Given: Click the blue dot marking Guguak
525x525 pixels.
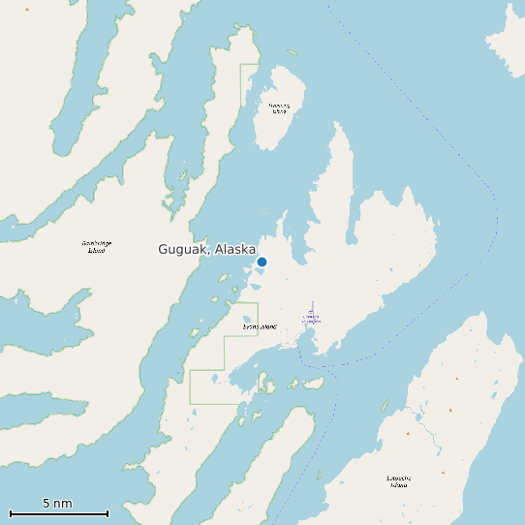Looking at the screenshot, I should point(262,262).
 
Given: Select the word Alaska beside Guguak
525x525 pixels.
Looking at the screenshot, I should point(235,249).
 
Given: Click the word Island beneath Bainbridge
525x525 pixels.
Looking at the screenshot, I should point(96,250).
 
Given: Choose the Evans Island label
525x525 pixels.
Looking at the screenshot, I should point(260,326).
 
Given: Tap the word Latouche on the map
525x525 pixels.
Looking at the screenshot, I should point(399,478).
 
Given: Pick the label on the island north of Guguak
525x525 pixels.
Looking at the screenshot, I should point(279,108).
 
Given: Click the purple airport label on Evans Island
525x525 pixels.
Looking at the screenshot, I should point(311,316).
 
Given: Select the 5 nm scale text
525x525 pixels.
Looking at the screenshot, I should point(57,503).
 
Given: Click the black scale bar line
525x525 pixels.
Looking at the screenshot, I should point(58,513).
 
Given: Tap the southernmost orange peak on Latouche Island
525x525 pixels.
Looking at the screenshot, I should point(443,472).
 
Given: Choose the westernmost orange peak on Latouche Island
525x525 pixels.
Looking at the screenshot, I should point(408,433).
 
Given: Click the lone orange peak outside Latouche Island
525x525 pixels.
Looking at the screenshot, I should point(27,9).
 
